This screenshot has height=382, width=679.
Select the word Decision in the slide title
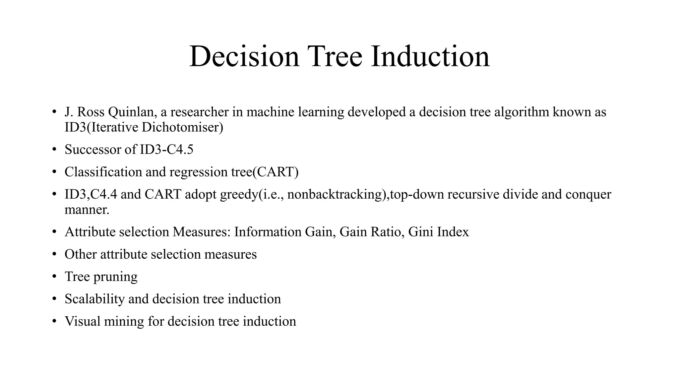pos(244,56)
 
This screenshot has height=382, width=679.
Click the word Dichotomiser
pos(182,127)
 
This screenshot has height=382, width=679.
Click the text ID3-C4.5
pos(166,150)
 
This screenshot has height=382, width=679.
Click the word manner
pos(87,210)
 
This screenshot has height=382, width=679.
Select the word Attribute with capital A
pos(90,232)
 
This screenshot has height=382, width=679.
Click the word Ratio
pos(386,232)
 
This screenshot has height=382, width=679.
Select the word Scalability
pos(94,299)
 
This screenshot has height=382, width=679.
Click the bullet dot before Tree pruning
pos(54,277)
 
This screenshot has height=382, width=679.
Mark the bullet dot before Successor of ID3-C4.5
pos(54,150)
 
